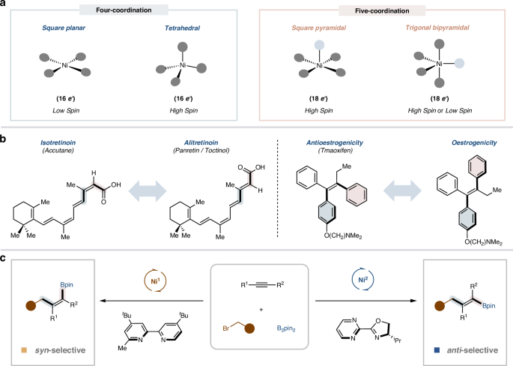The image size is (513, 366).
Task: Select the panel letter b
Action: [4, 137]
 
